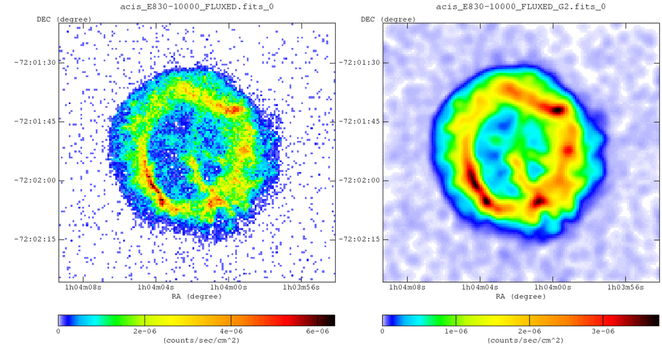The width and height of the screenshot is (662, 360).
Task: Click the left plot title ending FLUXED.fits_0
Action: point(197,7)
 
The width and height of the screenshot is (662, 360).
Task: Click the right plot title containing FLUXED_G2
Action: point(520,7)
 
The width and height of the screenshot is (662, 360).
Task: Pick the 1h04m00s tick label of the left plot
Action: point(229,287)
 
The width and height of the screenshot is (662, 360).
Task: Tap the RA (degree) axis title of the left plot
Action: point(197,296)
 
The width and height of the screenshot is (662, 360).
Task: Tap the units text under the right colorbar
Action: point(520,340)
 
